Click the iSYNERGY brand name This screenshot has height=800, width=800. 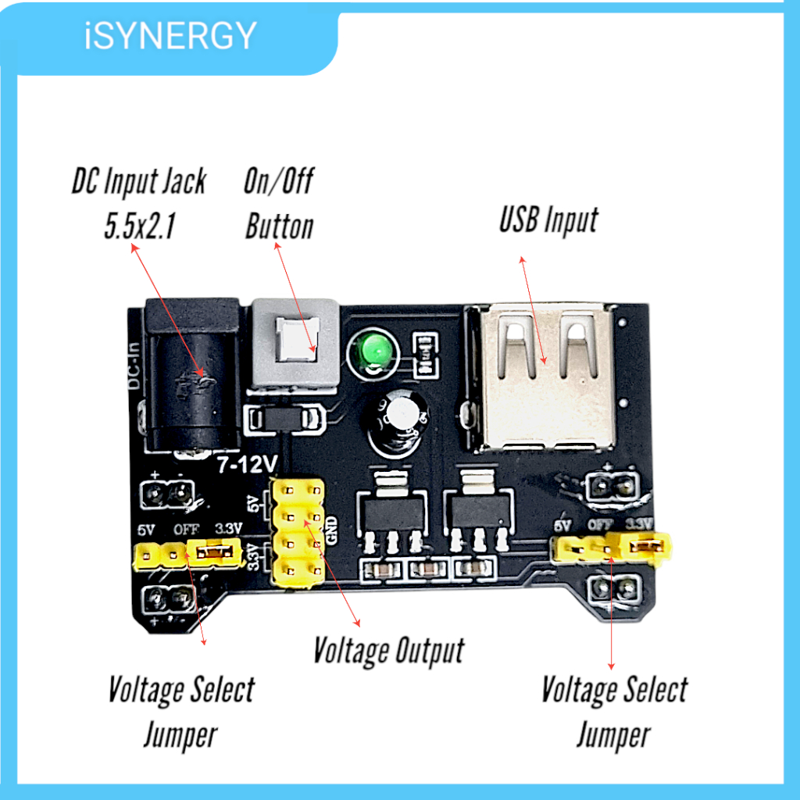tap(170, 36)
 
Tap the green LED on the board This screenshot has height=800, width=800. tap(375, 352)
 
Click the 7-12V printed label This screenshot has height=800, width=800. tap(247, 465)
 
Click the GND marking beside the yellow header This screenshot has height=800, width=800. tap(331, 530)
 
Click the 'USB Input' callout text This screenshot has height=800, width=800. tap(549, 220)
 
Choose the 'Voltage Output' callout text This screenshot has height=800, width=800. tap(389, 651)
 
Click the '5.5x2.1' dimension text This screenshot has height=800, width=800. tap(140, 226)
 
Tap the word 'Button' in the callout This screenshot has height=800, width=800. tap(279, 227)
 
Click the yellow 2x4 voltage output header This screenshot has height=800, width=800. tap(298, 531)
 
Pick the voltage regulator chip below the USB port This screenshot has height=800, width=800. tap(477, 510)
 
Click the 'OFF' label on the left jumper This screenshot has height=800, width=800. tap(186, 530)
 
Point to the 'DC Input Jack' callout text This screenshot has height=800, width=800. tap(139, 181)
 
